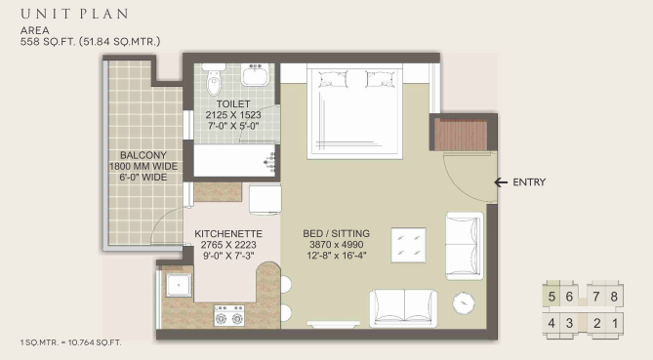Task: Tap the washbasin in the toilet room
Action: pos(255,74)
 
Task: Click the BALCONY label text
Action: pos(143,155)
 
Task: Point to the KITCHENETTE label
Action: pos(228,233)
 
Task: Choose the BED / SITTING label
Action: pos(336,233)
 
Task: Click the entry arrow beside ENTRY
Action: pos(501,181)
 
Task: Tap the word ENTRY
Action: pos(529,182)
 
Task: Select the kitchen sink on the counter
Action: pos(179,285)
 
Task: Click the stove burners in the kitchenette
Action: pos(229,315)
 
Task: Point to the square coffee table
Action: pos(408,245)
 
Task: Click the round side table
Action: pos(464,303)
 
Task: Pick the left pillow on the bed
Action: pos(333,79)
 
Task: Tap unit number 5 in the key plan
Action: pos(551,297)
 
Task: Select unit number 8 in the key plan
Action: pos(614,297)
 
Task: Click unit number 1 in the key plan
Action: pos(615,323)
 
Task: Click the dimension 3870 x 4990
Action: pos(336,245)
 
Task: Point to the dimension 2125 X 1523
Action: pos(233,115)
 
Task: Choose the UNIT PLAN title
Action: pos(74,14)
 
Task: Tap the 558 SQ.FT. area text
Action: pos(48,42)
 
